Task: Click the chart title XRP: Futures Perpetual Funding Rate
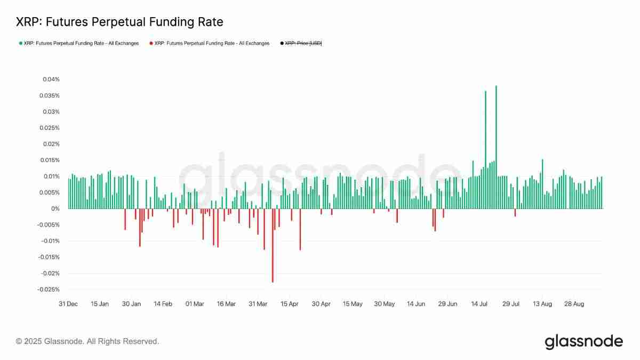pos(119,22)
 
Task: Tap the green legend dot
pos(20,43)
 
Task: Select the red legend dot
pos(151,43)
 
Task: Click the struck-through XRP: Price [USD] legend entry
pos(303,43)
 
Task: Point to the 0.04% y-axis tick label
pos(51,79)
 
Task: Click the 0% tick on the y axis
pos(55,209)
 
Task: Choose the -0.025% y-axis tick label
pos(49,290)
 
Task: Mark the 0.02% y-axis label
pos(51,144)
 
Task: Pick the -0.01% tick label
pos(50,241)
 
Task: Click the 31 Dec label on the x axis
pos(68,304)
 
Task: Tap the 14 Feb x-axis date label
pos(163,304)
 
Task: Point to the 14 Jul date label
pos(479,304)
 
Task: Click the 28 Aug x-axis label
pos(574,304)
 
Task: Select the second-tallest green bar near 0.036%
pos(485,149)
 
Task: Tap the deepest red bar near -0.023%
pos(273,245)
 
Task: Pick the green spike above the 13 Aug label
pos(542,184)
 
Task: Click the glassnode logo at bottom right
pos(583,341)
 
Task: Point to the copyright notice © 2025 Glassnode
pos(87,341)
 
